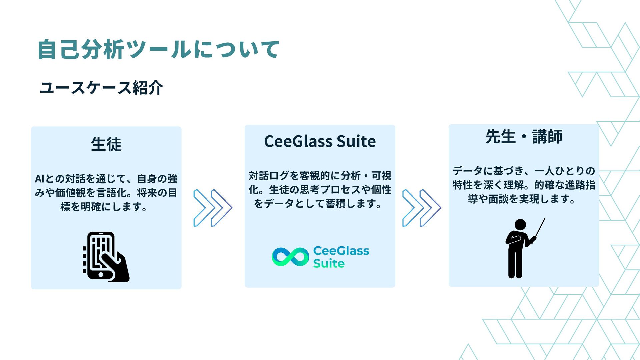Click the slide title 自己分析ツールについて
[158, 49]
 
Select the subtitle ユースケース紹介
[101, 88]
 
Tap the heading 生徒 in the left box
[106, 144]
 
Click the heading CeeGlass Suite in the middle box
[320, 141]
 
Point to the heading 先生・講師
[524, 136]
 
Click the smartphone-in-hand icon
[106, 257]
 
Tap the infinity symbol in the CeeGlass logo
[290, 257]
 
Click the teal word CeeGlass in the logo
[341, 251]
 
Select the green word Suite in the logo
[329, 263]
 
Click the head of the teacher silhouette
[520, 224]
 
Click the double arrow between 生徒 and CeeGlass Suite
[213, 208]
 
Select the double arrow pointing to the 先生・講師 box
[421, 208]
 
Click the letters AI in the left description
[39, 179]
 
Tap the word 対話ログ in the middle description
[269, 176]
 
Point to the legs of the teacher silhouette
[515, 263]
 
